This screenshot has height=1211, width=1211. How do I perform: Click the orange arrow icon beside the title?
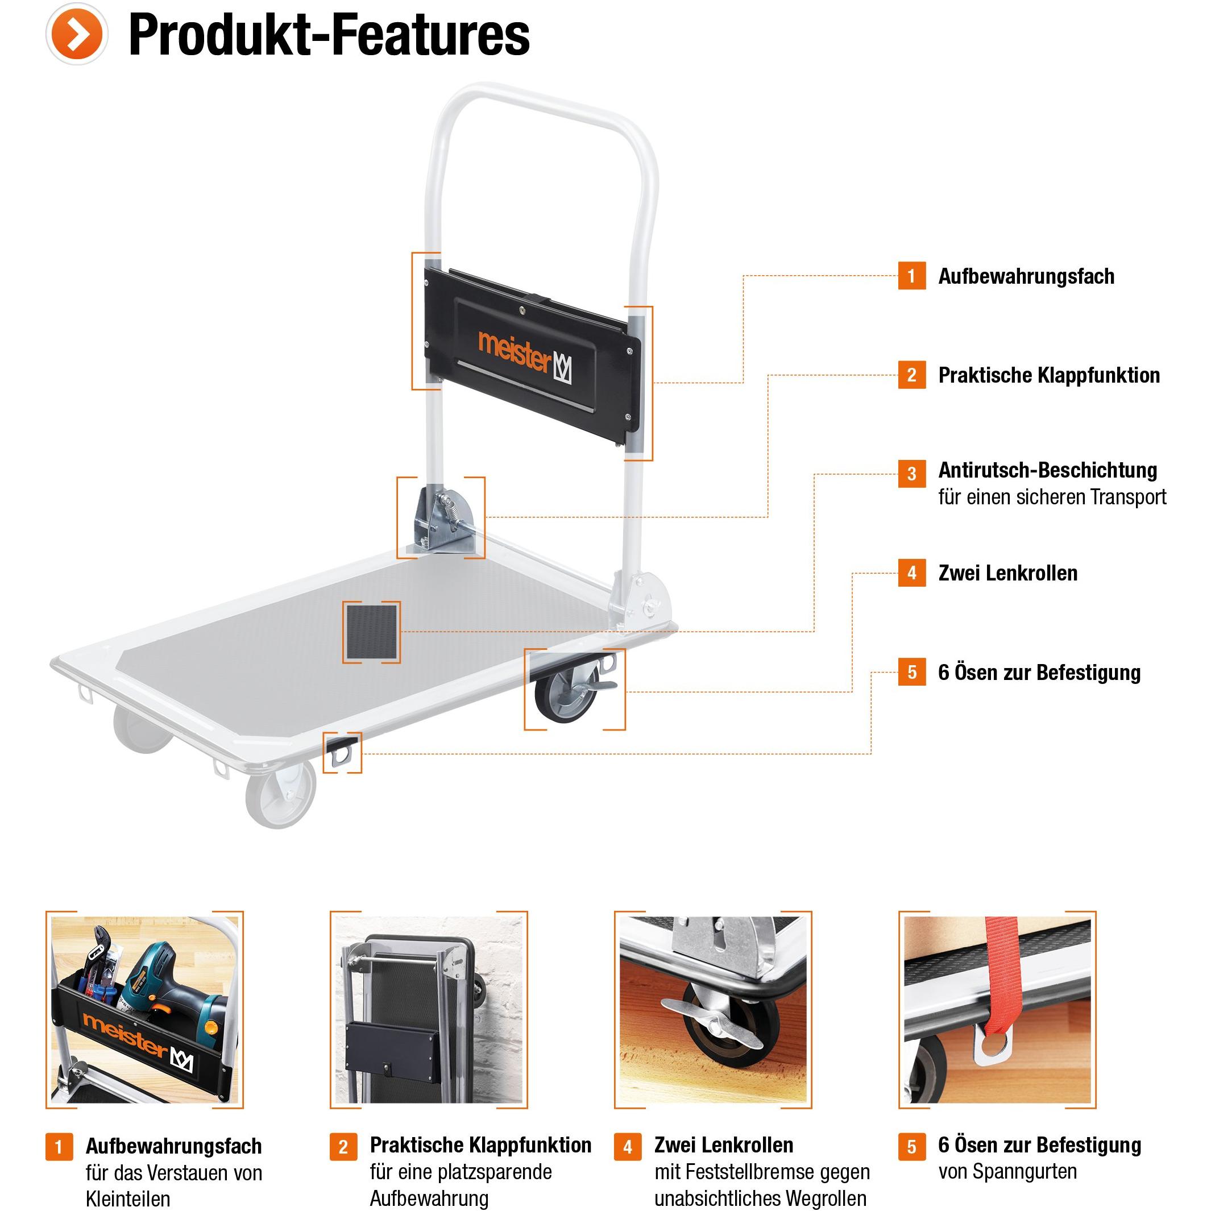pos(77,34)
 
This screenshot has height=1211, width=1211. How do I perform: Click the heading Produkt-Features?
pos(329,35)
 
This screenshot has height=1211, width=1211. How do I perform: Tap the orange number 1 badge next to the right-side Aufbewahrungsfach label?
pos(911,276)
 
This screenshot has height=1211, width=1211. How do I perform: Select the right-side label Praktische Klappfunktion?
pos(1048,375)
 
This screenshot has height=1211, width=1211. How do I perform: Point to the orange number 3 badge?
pos(911,474)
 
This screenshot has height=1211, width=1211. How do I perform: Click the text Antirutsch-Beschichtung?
pos(1047,470)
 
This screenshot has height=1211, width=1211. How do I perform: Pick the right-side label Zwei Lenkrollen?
pos(1008,573)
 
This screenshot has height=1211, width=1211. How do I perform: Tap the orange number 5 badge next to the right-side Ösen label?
pos(911,672)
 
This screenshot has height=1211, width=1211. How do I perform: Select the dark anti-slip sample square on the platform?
pos(372,632)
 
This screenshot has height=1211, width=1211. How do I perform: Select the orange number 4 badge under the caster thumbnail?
pos(628,1147)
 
